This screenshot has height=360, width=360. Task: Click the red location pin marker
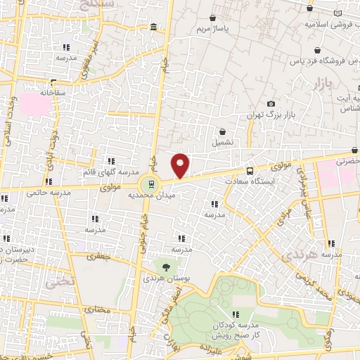pos(181,165)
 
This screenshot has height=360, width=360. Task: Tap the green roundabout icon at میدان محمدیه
pos(149,186)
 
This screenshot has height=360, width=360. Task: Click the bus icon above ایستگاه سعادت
pos(250,170)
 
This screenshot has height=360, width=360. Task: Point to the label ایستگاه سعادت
pos(250,181)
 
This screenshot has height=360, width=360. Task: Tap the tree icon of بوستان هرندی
pos(166,267)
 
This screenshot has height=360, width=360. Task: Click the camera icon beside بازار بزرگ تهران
pos(271,104)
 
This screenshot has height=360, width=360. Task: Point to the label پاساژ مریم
pos(214,30)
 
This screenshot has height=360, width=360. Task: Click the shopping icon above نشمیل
pos(223,131)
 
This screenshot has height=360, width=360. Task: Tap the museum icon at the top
pos(153,27)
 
